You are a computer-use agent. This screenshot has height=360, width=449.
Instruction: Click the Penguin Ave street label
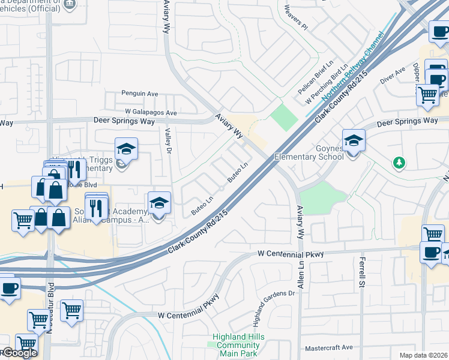[139, 94]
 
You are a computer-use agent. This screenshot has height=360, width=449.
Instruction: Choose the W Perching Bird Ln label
[327, 85]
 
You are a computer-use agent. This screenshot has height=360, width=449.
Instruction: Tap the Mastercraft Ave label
[329, 347]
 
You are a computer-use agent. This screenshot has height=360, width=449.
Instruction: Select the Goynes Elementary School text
[309, 152]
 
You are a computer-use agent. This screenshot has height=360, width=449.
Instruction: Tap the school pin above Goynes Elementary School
[354, 142]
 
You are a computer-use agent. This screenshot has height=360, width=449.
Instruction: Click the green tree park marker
[397, 163]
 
